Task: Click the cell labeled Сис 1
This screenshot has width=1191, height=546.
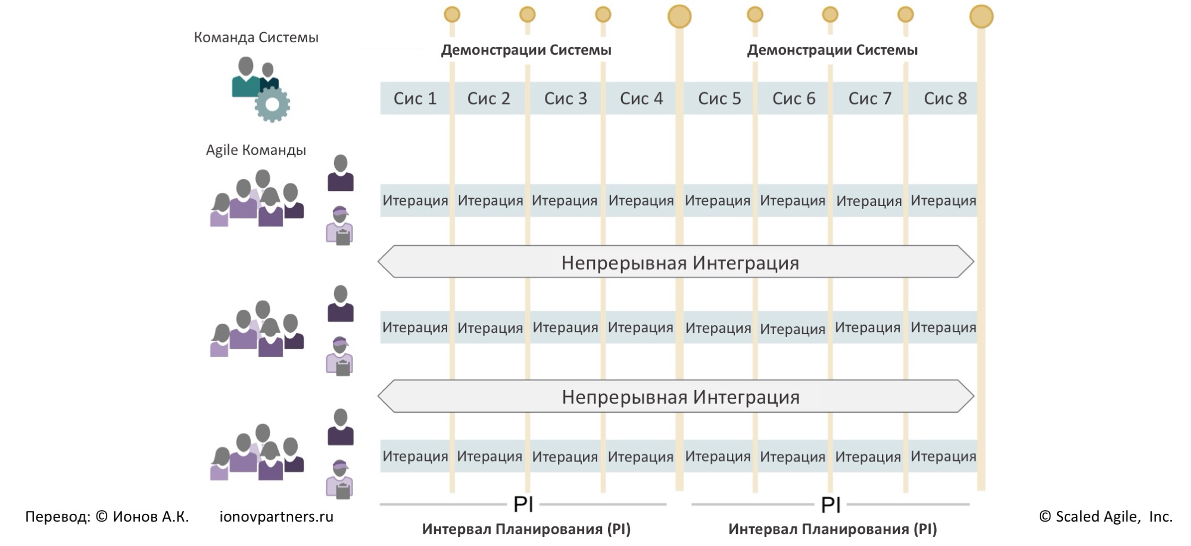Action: [x=415, y=98]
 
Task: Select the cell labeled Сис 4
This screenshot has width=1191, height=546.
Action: [x=641, y=98]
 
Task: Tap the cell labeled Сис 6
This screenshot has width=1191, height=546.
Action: [x=794, y=98]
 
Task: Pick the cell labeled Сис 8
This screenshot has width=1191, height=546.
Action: [x=945, y=98]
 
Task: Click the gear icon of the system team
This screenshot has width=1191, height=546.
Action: [x=272, y=104]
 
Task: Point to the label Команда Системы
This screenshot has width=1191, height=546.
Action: [x=256, y=38]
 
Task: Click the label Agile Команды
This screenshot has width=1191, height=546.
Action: [x=256, y=150]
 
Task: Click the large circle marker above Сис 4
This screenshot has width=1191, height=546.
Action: [x=679, y=17]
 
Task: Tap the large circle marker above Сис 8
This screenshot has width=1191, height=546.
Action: [x=981, y=17]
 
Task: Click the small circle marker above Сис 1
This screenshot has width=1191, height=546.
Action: [x=452, y=14]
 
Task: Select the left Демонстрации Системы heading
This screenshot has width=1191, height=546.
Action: [x=526, y=50]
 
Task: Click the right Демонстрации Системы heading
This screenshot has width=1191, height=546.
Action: [x=832, y=50]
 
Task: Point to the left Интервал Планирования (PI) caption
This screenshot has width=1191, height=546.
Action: [x=526, y=529]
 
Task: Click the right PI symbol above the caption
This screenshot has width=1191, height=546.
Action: [x=831, y=505]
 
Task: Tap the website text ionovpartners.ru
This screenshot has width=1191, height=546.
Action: [x=276, y=517]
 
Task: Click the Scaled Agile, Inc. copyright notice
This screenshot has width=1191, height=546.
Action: [x=1105, y=517]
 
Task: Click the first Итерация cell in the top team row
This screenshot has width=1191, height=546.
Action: [x=415, y=201]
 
